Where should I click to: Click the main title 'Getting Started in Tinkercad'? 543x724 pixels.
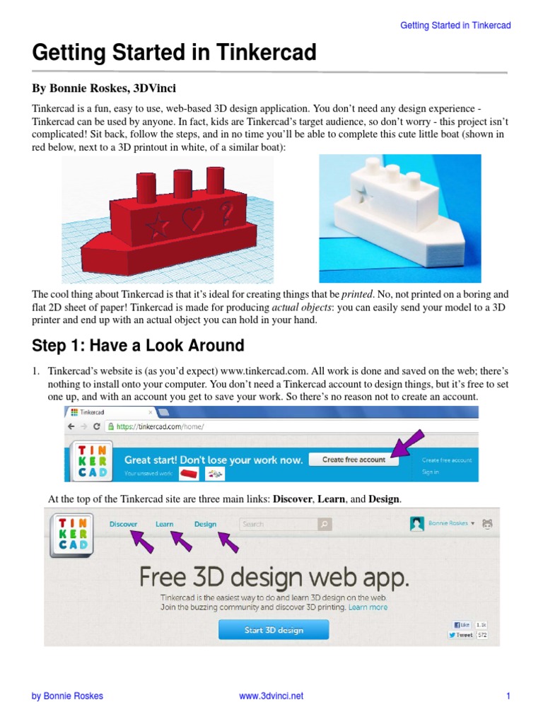pos(174,54)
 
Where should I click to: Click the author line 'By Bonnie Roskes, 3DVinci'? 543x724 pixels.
pos(105,89)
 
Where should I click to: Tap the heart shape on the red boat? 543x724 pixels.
pos(191,220)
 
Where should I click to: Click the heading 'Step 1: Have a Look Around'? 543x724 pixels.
pos(138,346)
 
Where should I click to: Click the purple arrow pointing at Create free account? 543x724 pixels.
pos(409,445)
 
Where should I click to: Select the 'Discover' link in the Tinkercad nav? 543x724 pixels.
pos(124,524)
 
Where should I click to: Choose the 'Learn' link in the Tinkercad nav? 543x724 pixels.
pos(165,524)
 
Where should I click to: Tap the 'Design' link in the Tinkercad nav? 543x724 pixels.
pos(205,524)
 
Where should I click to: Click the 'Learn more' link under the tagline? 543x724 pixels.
pos(368,607)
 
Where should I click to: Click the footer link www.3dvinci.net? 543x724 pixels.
pos(271,696)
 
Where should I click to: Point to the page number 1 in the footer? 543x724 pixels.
pos(508,696)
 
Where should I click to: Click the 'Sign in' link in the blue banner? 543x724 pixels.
pos(430,472)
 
